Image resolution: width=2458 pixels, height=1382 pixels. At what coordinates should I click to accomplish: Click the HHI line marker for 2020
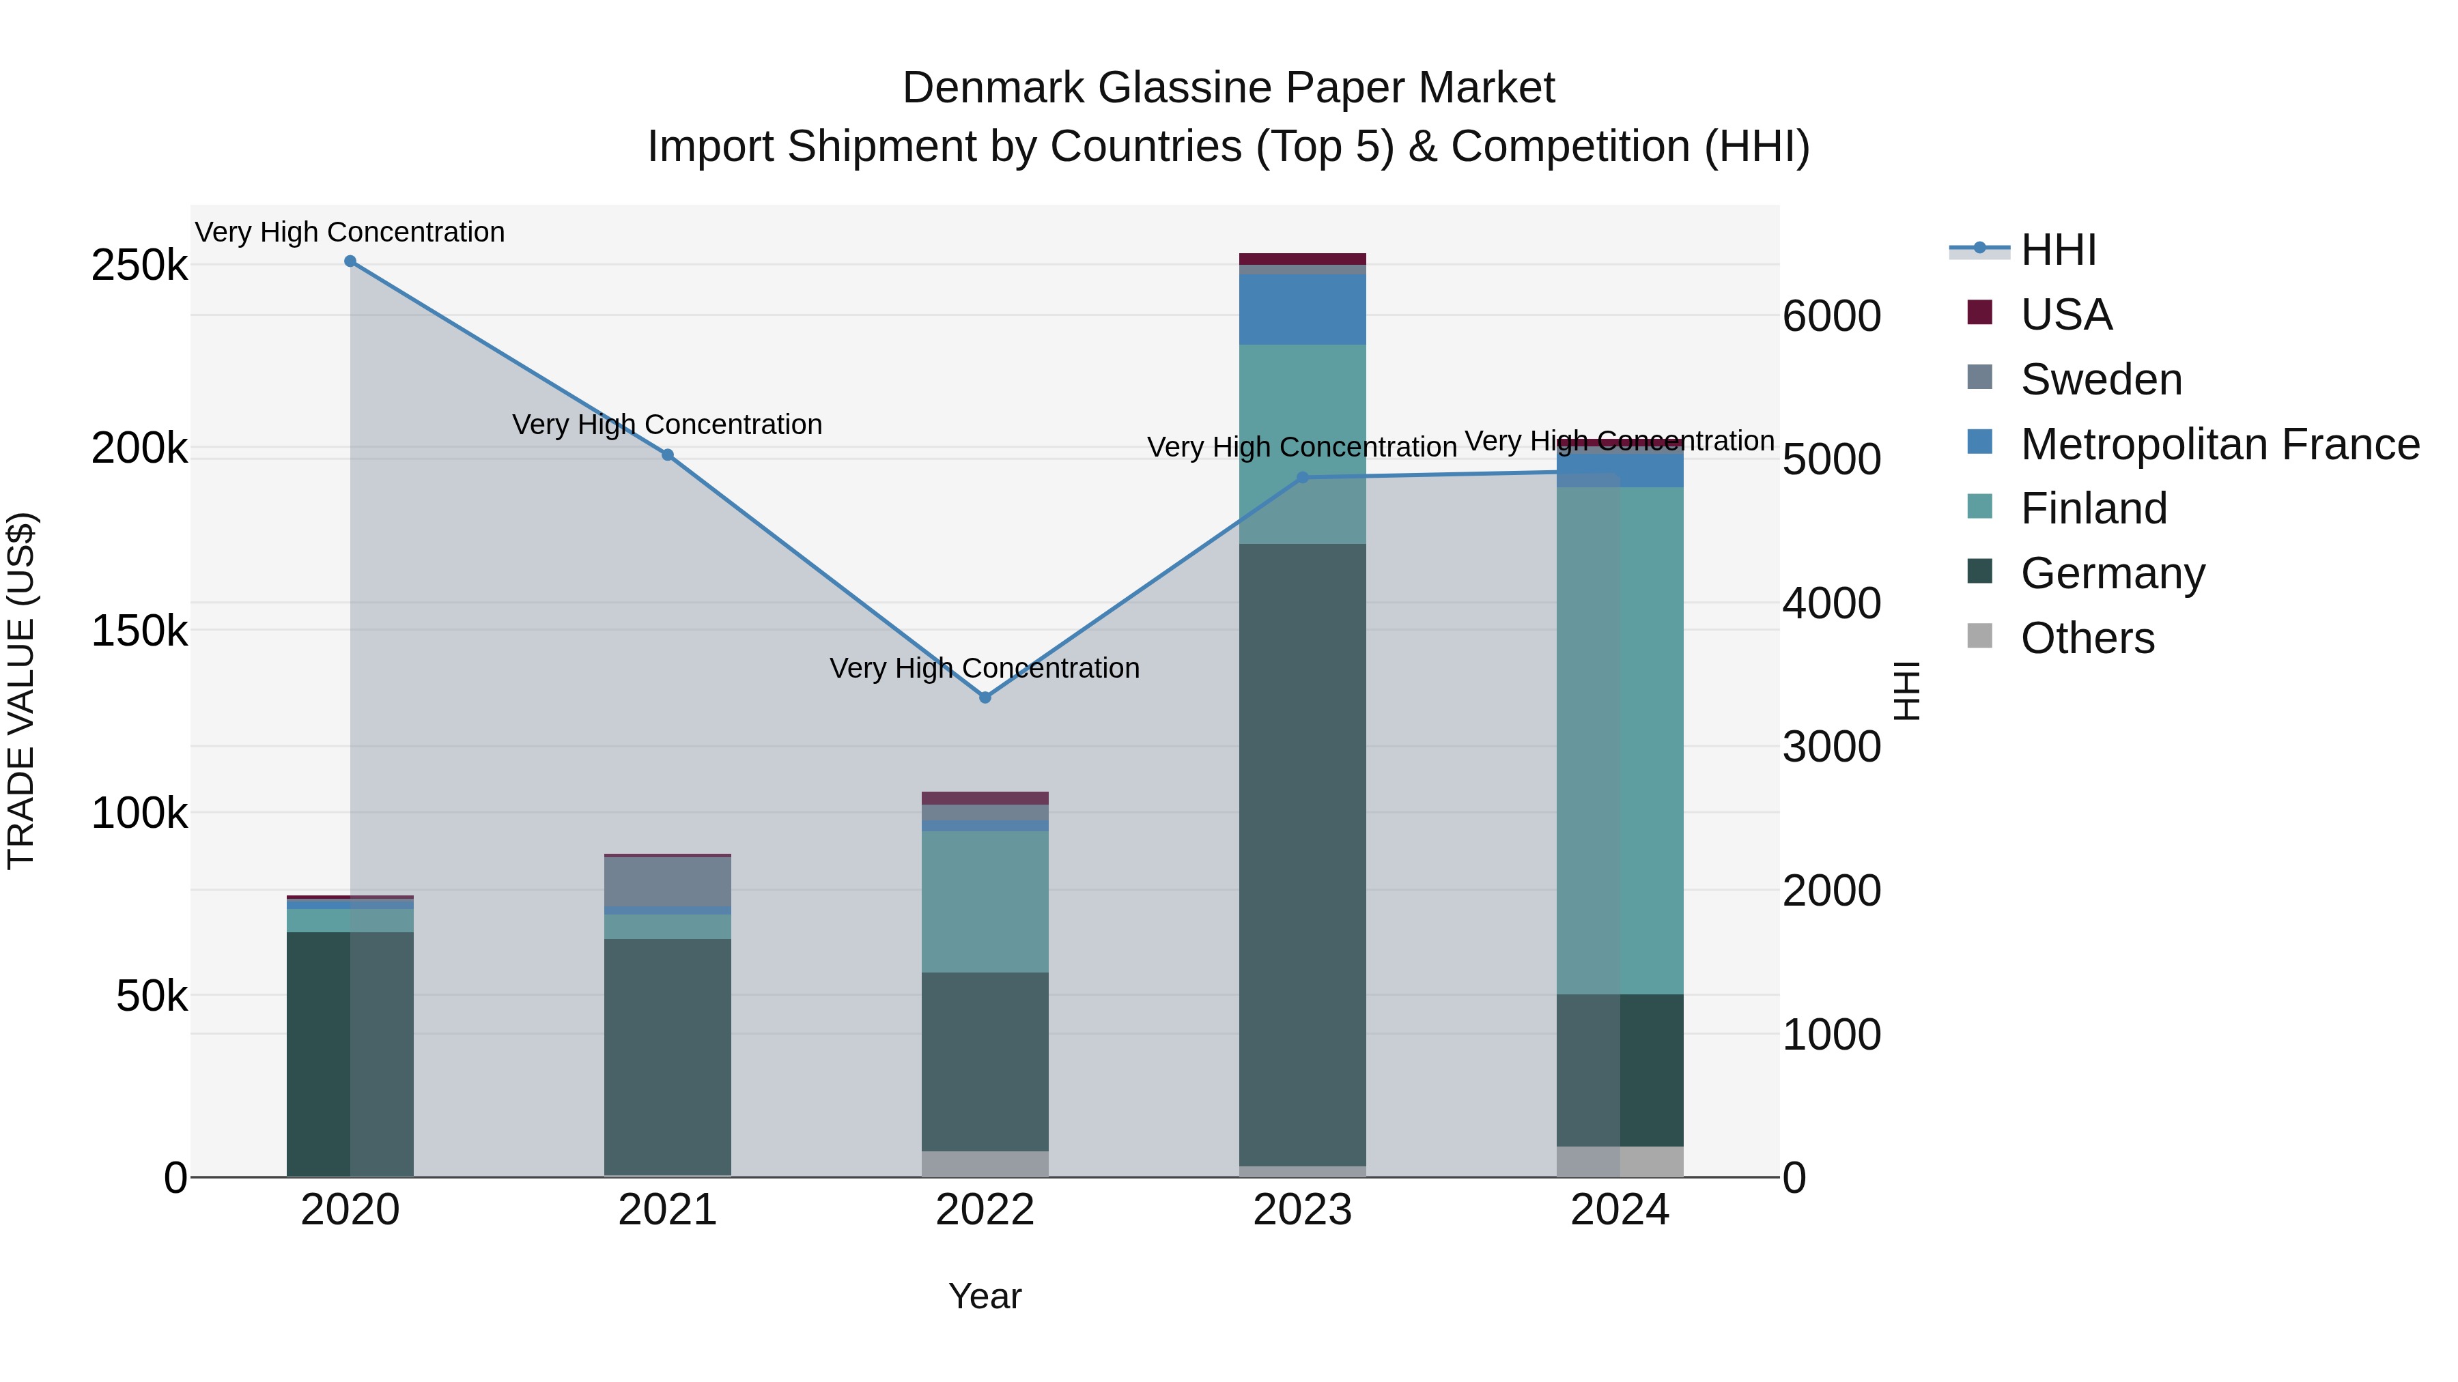coord(350,261)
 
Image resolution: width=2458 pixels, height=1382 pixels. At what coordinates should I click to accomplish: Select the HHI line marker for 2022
coord(985,697)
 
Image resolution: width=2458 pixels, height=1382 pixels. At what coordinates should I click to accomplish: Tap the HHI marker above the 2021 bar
coord(668,455)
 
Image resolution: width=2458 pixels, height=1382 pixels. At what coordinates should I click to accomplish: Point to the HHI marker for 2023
coord(1303,478)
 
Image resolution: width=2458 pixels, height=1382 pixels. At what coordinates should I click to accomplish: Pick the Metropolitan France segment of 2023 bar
coord(1303,309)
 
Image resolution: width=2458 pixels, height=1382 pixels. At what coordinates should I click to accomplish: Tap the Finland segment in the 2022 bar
coord(985,902)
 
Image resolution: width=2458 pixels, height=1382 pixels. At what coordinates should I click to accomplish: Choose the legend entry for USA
coord(2067,315)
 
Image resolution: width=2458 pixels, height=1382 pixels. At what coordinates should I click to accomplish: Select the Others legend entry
coord(2087,638)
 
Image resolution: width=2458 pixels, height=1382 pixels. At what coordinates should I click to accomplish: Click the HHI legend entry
coord(2058,250)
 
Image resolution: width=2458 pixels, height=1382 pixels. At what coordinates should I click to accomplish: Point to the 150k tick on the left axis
coord(139,631)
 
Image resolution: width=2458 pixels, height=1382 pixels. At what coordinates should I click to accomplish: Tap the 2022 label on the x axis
coord(985,1210)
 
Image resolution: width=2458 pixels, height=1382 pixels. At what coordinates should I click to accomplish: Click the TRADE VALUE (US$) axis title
coord(21,691)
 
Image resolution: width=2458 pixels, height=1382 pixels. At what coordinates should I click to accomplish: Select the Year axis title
coord(985,1296)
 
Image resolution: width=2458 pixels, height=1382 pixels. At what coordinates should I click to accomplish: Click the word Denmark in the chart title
coord(992,88)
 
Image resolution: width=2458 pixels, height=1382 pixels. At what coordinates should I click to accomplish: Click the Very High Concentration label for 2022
coord(985,667)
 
